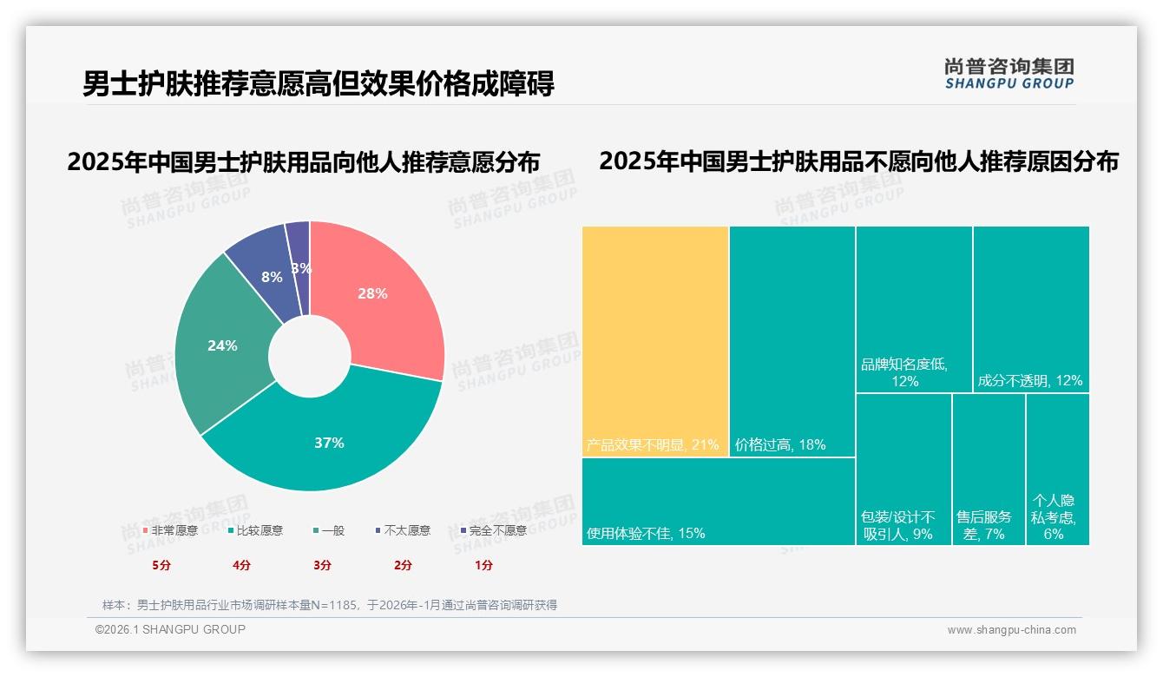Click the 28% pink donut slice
click(373, 295)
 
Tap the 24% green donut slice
click(222, 345)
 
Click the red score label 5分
click(161, 565)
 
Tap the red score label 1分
click(483, 565)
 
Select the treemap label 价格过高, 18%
click(779, 445)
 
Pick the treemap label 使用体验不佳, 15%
click(645, 533)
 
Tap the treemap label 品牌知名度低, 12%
click(903, 372)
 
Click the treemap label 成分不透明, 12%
click(1029, 380)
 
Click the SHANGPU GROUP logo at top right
click(1009, 73)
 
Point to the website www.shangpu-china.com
click(1011, 630)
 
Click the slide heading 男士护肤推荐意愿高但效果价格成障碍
click(319, 84)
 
